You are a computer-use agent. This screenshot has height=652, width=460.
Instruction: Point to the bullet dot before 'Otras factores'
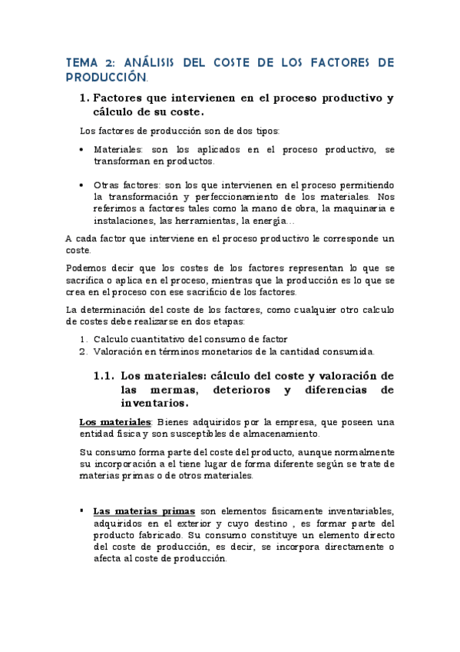coord(82,186)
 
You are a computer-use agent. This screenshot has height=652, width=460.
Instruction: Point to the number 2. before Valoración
coord(84,351)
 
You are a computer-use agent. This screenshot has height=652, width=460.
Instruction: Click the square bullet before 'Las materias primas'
coord(82,511)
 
